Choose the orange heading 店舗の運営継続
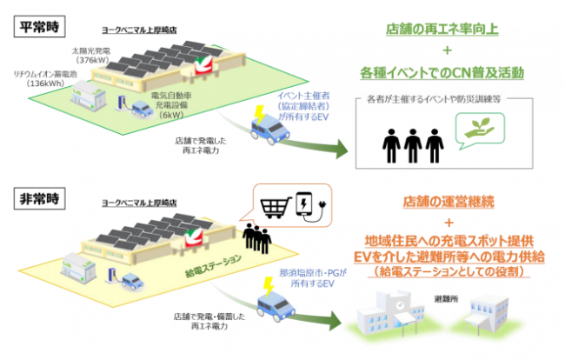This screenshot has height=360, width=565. [449, 201]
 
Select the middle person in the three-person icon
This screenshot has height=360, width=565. [414, 142]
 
